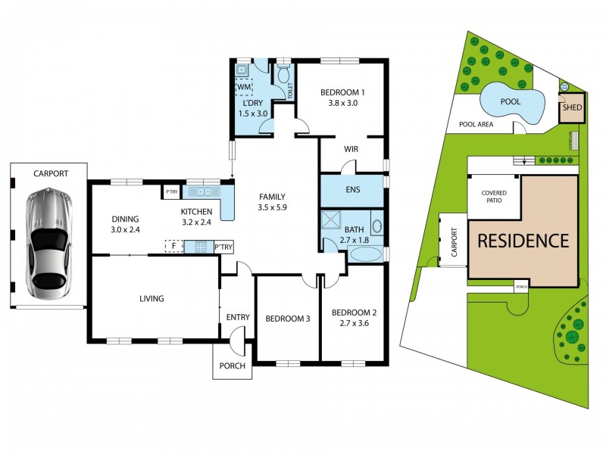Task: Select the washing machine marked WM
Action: tap(244, 88)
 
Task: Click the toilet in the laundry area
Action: tap(284, 76)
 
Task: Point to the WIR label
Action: tap(351, 149)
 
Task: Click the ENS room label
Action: tap(351, 190)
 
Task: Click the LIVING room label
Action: tap(151, 298)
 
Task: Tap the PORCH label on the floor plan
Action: tap(232, 365)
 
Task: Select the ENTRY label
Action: tap(237, 317)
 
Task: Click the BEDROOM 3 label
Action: tap(288, 319)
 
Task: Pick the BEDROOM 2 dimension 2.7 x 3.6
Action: tap(354, 323)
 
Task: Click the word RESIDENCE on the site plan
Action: tap(523, 241)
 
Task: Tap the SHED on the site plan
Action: tap(571, 108)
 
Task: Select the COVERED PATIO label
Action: tap(493, 197)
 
